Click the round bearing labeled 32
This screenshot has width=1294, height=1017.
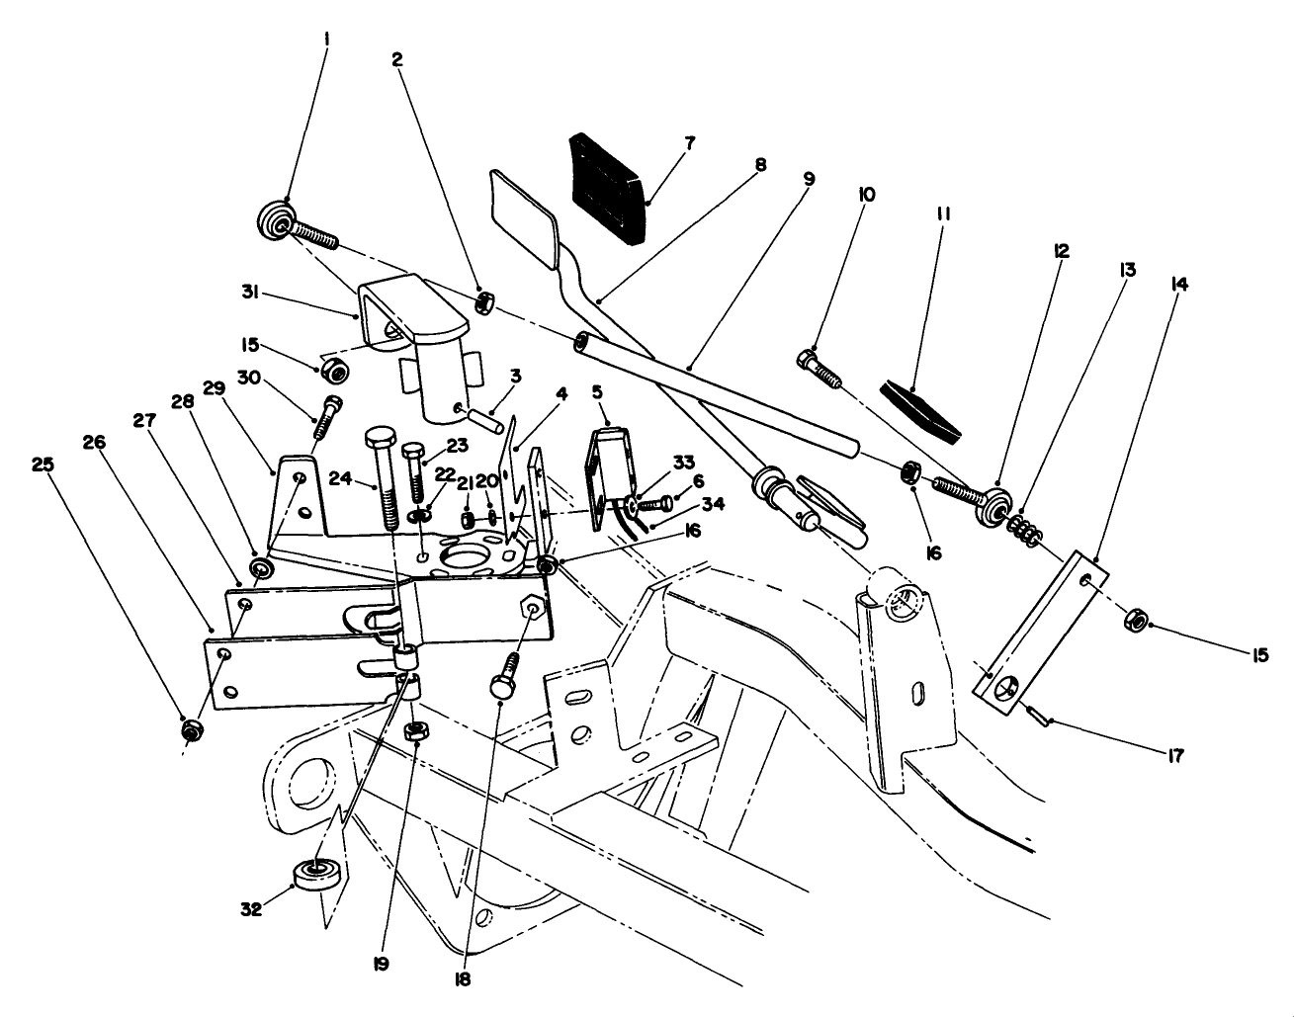[x=318, y=877]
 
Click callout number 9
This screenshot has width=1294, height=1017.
[x=809, y=181]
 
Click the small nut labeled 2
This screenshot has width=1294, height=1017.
[x=485, y=302]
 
